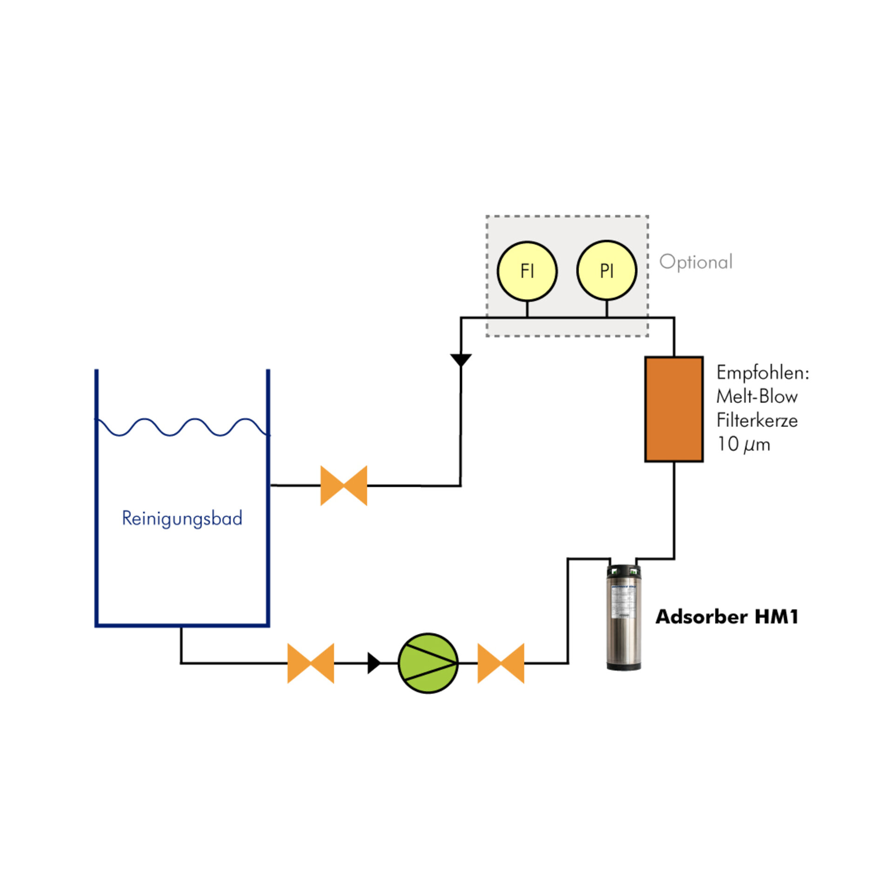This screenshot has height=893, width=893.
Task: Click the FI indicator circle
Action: pos(527,271)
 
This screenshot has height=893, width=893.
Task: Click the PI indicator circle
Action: pos(606,271)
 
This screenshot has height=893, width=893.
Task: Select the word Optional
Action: pos(696,262)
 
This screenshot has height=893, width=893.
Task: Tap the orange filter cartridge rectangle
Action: pos(673,409)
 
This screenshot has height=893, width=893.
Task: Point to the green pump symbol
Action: pos(428,663)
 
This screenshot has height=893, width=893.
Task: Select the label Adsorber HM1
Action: pos(726,617)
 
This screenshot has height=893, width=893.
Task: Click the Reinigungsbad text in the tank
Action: pos(182,518)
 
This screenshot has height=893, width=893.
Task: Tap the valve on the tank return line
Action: pos(344,486)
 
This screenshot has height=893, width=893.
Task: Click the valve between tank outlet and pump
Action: pos(311,663)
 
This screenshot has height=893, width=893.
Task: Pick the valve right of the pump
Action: pos(501,663)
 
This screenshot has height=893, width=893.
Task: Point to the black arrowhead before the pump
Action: pos(373,663)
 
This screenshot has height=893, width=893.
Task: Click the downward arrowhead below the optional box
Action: pos(461,360)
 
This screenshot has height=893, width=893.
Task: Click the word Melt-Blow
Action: pos(757,397)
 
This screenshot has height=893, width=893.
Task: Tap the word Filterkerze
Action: pos(757,420)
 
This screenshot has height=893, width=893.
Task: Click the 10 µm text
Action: pos(743,445)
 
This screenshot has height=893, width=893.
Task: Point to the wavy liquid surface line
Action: pos(182,427)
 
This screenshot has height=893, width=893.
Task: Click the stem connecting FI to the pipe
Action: pos(527,309)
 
